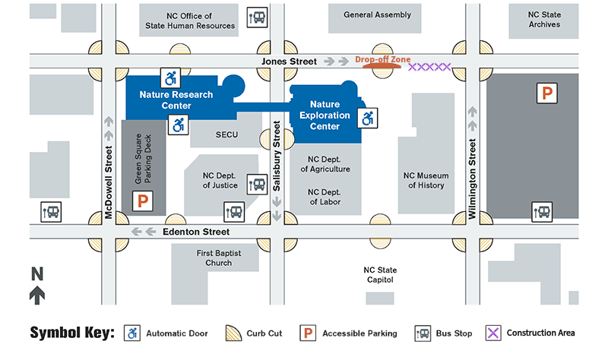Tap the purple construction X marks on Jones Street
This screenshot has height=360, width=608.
[429, 68]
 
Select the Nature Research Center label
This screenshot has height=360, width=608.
[166, 100]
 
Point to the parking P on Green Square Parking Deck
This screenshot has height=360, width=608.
[142, 201]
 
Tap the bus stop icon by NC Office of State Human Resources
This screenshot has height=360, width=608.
[258, 17]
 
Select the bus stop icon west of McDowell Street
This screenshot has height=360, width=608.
[52, 212]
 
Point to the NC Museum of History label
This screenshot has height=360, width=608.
[426, 180]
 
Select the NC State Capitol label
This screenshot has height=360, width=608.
[381, 274]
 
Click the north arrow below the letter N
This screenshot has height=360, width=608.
[36, 295]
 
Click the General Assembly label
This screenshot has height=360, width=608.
[377, 14]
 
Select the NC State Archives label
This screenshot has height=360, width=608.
[544, 19]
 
